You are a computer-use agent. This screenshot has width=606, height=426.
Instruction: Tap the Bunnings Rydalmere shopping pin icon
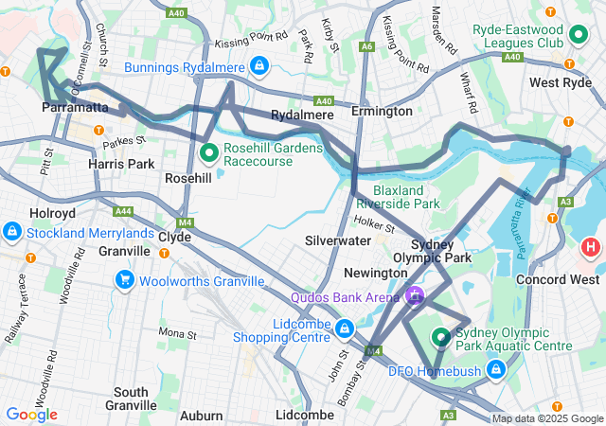(258, 66)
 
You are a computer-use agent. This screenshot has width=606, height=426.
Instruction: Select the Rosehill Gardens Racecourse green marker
(210, 151)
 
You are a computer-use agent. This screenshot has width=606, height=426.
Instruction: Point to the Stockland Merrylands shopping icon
(12, 231)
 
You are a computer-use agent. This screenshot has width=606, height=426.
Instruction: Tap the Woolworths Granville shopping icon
(125, 280)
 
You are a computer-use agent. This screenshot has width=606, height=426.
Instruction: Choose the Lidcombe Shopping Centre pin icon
(345, 329)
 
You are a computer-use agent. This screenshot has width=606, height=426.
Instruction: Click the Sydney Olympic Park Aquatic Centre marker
(440, 337)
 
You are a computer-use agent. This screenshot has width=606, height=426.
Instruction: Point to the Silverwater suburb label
(338, 241)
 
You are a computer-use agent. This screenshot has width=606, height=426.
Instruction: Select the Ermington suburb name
(382, 112)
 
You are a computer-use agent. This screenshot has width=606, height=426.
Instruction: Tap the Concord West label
(557, 279)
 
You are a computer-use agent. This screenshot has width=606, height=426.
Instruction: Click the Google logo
(31, 414)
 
